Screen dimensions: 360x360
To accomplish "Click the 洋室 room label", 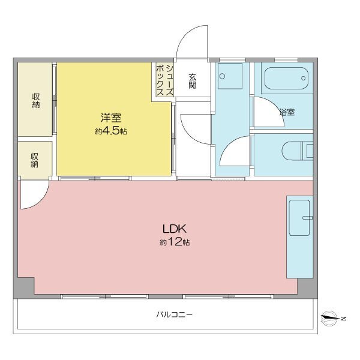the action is [111, 118].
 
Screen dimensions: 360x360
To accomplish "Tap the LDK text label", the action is [174, 229].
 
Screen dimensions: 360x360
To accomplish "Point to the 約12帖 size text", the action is [175, 242].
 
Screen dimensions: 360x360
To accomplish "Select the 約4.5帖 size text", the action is [111, 131].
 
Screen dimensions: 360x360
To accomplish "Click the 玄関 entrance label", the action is [193, 81].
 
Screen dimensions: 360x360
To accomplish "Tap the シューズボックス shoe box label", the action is [164, 80].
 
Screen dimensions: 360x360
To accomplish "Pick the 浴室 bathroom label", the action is [287, 112].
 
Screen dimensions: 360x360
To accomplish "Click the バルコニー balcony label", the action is [174, 314].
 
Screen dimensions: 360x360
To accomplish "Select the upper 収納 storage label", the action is [36, 101].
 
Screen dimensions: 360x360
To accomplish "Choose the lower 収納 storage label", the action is [35, 160].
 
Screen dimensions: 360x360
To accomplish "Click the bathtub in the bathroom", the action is [286, 78].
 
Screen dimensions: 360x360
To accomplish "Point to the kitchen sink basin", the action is [299, 218].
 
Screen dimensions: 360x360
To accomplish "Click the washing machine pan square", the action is [230, 76].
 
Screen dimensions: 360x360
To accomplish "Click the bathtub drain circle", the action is [303, 78].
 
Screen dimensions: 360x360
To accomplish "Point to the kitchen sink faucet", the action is [307, 218].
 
